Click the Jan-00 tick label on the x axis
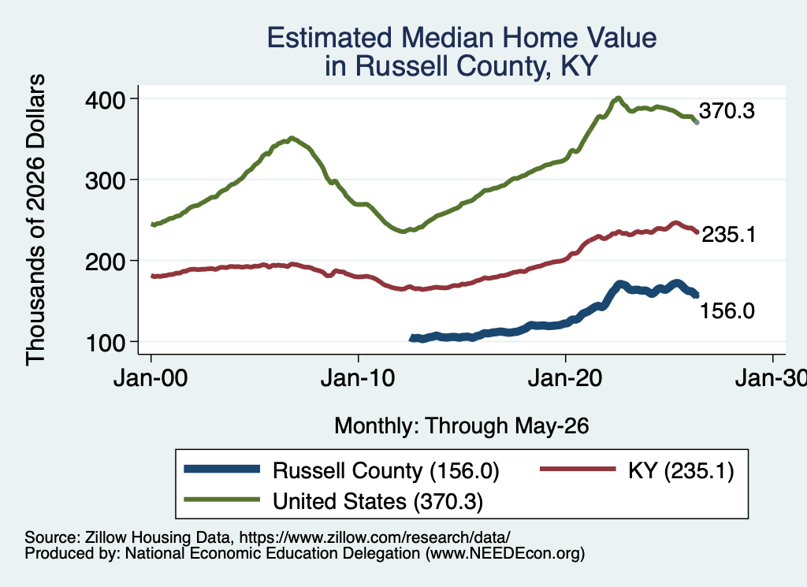pos(151,378)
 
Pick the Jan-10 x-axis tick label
pos(358,378)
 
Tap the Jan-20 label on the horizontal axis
pos(565,378)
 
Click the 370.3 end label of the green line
pos(727,110)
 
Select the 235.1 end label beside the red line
pos(729,235)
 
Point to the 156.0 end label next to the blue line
pos(727,310)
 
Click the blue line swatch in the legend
pos(222,469)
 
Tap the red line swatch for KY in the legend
pos(578,469)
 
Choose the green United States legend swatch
pos(222,500)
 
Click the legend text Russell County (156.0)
pos(386,470)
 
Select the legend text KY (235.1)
pos(681,470)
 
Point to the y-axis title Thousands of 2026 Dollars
pos(35,220)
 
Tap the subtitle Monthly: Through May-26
pos(462,426)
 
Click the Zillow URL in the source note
pos(374,537)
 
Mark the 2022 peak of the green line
pos(618,98)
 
